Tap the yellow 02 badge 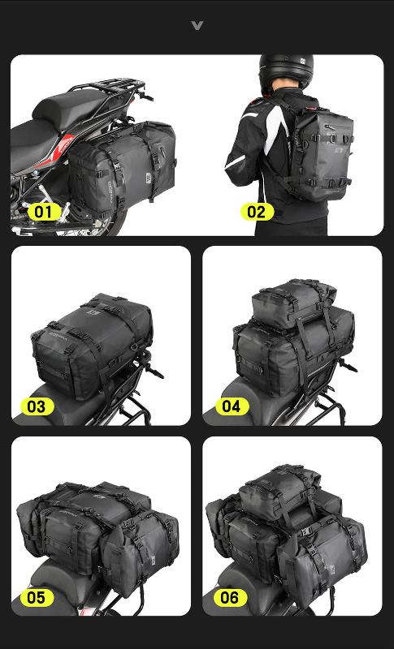point(256,213)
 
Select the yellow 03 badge point(37,406)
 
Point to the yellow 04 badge point(232,406)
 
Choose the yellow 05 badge point(37,598)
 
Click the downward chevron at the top point(197,26)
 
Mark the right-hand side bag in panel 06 point(325,560)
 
